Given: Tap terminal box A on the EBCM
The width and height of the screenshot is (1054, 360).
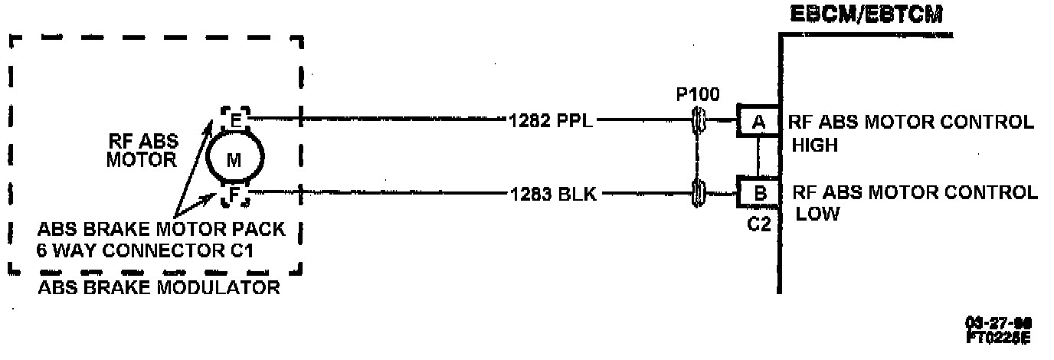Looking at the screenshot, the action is point(757,121).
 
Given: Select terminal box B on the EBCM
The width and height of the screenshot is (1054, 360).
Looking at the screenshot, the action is point(759,193).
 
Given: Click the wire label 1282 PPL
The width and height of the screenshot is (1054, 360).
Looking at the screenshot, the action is point(550,119).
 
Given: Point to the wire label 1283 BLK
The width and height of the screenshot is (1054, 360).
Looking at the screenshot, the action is point(552,194).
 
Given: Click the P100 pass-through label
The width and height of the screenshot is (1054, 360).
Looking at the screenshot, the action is point(697,95).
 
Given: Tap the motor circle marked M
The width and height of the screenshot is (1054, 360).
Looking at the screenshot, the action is point(234,159).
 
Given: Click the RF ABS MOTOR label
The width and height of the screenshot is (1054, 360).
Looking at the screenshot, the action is point(142,150).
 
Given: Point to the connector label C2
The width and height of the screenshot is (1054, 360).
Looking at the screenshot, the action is point(758,224).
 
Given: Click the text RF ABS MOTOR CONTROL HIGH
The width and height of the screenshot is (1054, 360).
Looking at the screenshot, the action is point(912,132).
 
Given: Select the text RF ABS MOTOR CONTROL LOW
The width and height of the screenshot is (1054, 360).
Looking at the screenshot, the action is point(915,202).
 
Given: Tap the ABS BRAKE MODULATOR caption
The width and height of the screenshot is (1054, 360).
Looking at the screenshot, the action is point(158,288).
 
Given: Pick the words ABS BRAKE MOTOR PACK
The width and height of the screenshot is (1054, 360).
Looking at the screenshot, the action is point(160,230).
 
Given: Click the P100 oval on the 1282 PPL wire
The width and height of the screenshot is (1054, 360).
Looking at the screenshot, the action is point(698,120).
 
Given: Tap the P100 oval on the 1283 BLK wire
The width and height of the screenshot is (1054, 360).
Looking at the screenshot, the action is point(698,193).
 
